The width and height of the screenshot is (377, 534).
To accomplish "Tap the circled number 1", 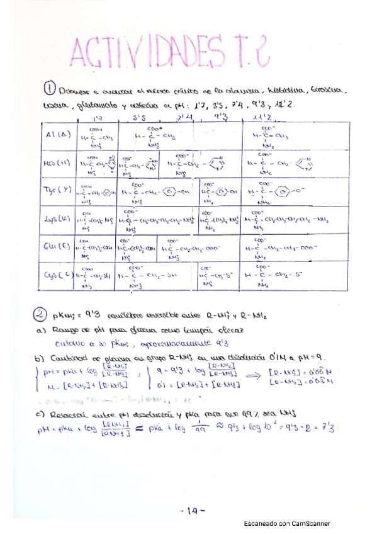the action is tap(52, 88).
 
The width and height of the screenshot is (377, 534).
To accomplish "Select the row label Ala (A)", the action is tap(59, 135).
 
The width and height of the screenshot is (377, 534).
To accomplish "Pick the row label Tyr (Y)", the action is tap(59, 191).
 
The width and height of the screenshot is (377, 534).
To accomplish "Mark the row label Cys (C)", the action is tap(58, 275).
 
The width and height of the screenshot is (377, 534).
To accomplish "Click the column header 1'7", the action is tap(98, 118).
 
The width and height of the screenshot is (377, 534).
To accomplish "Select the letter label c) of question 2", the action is tap(39, 414).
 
